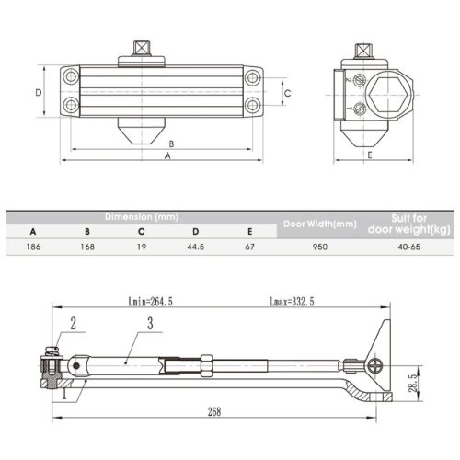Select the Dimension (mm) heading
[141, 216]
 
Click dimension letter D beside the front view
[38, 92]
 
